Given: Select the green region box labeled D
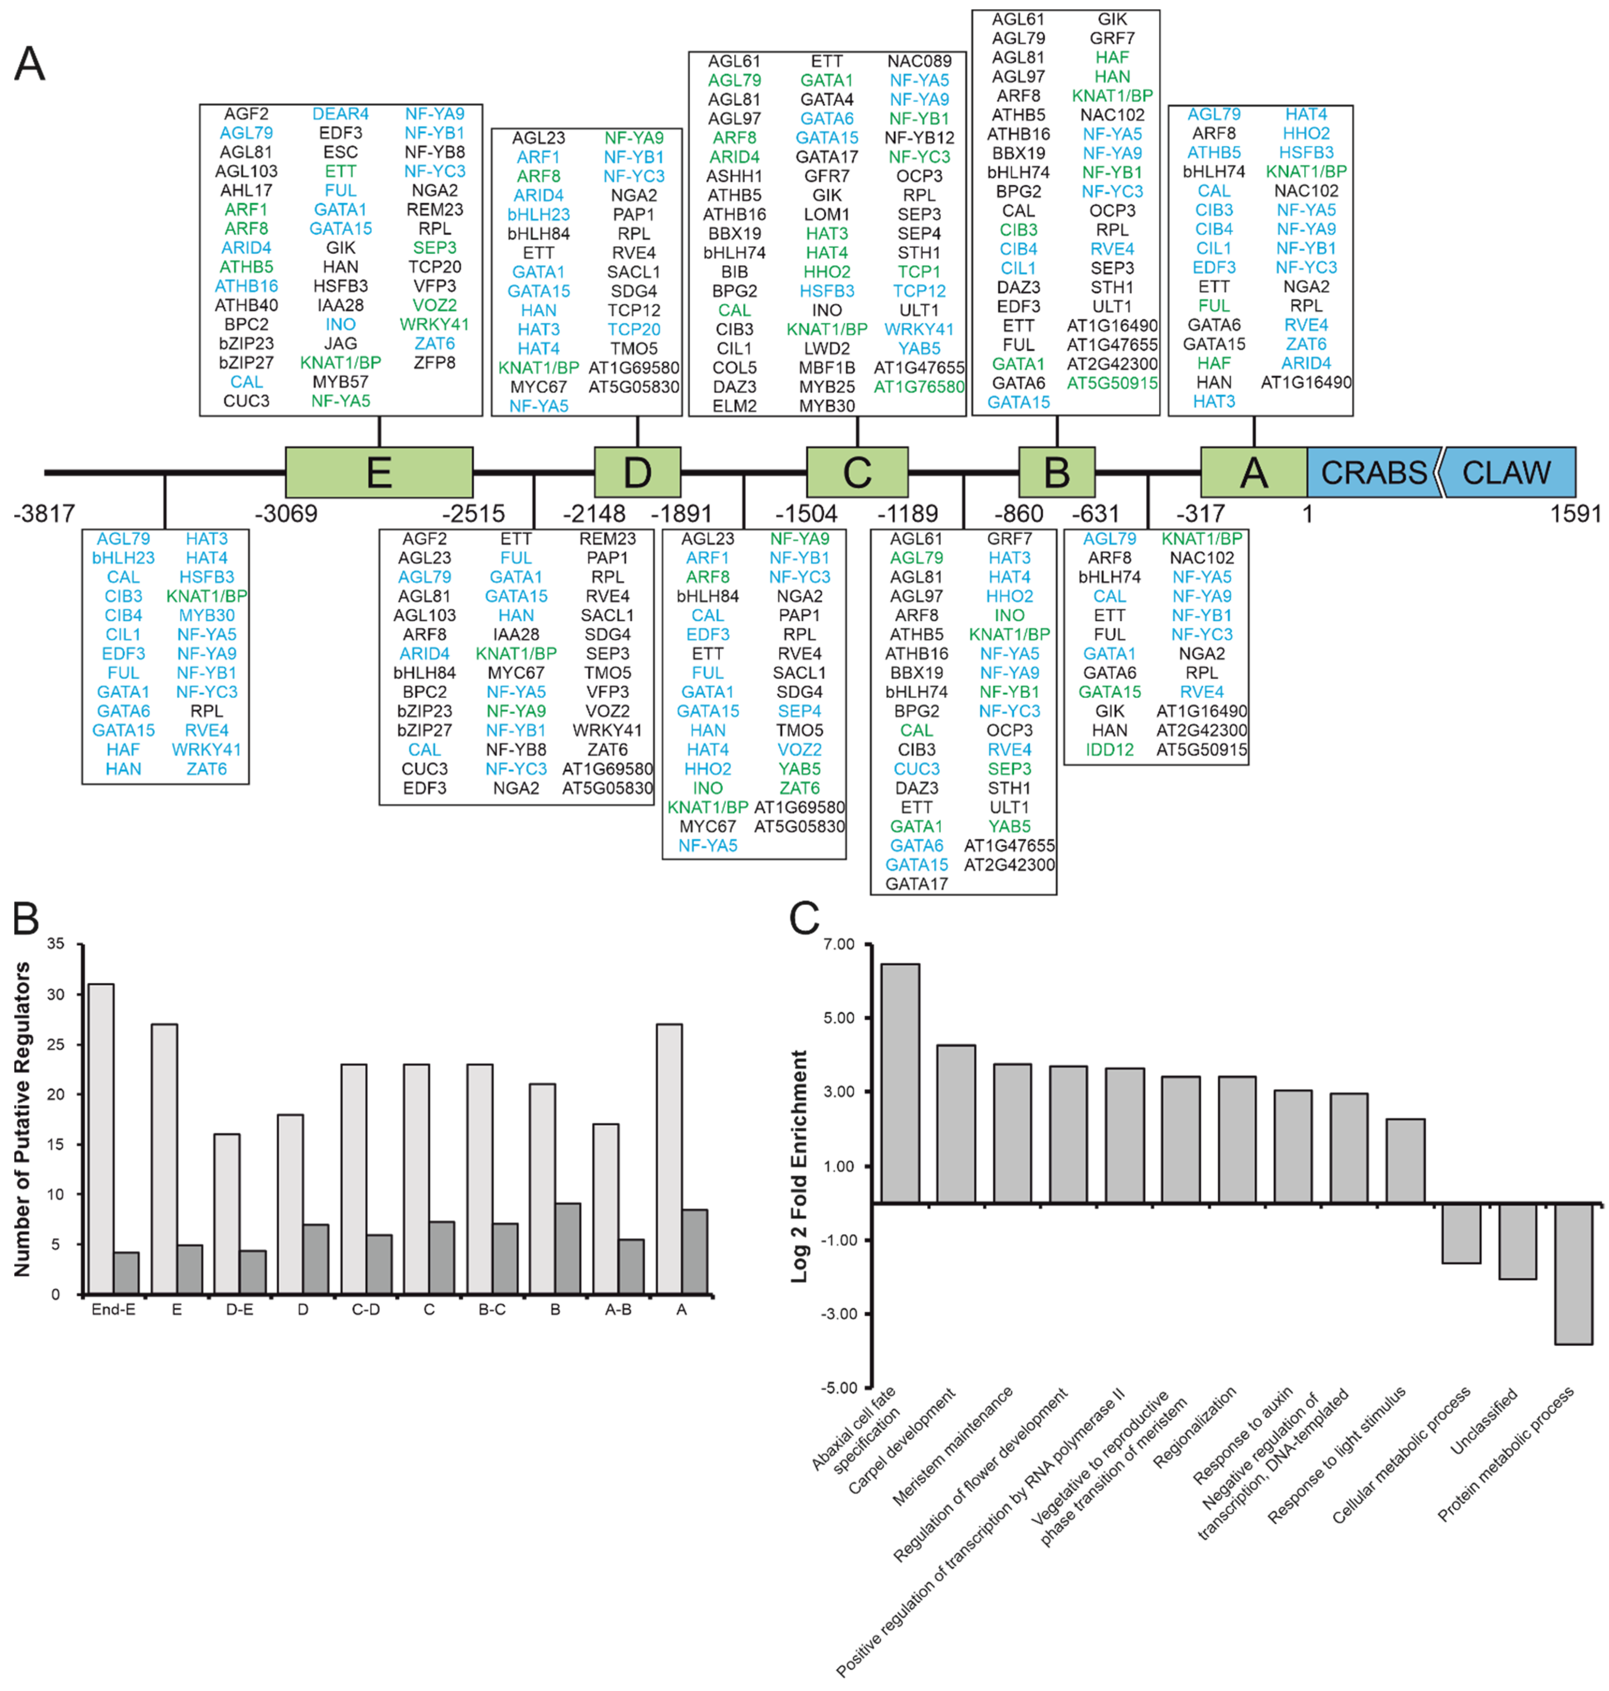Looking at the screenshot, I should [x=637, y=472].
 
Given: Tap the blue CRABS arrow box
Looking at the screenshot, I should [x=1373, y=472].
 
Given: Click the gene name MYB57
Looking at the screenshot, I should [x=340, y=382].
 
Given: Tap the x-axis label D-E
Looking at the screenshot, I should [x=239, y=1309].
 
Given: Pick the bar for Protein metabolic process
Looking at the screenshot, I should [x=1573, y=1273].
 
